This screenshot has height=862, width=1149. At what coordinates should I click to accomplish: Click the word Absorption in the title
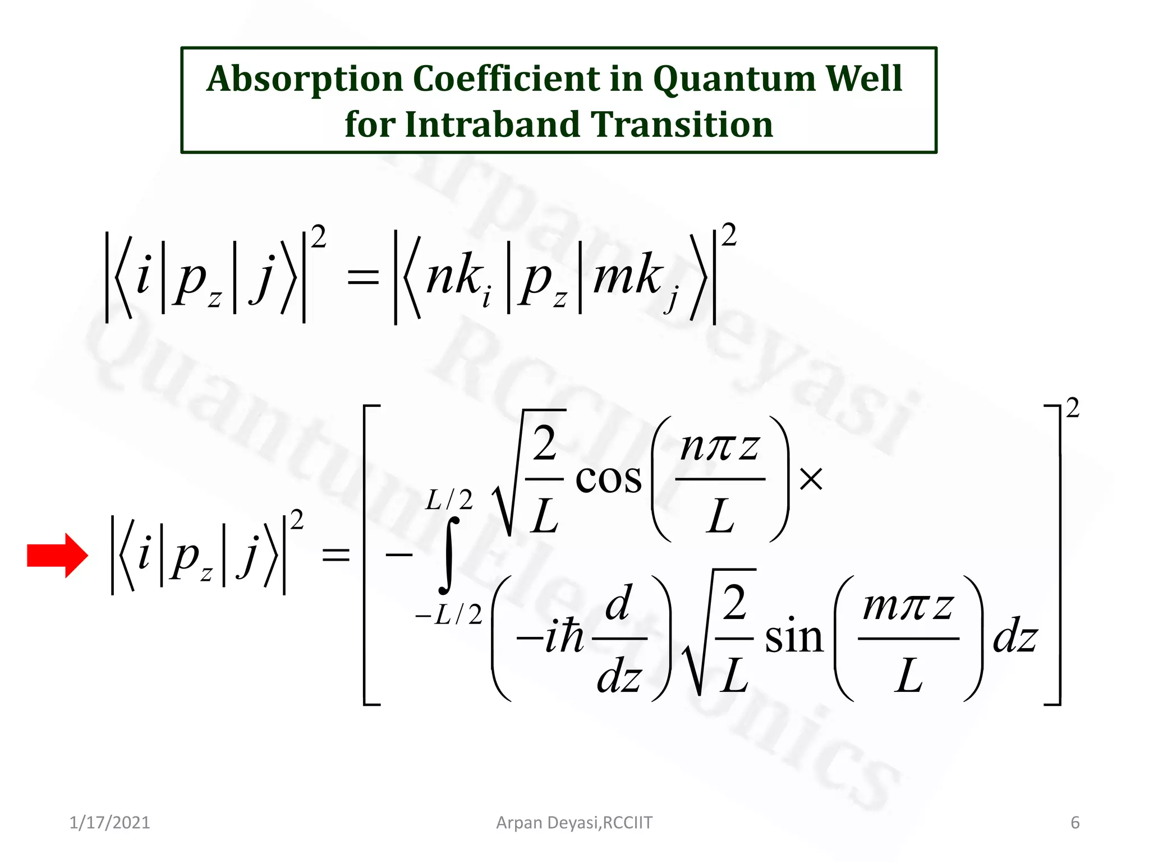tap(305, 79)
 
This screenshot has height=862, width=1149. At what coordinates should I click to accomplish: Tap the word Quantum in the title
tap(734, 79)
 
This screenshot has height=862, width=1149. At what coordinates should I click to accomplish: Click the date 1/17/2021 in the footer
tap(110, 823)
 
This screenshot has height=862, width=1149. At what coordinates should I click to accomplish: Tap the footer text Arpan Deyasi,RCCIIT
tap(574, 823)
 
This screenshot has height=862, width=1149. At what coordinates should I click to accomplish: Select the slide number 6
tap(1075, 823)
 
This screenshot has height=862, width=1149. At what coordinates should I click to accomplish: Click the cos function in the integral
tap(609, 480)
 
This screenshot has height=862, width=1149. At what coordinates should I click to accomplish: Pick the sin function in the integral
tap(794, 638)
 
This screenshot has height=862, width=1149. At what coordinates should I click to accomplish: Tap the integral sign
tap(449, 556)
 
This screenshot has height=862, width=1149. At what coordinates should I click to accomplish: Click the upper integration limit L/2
tap(449, 499)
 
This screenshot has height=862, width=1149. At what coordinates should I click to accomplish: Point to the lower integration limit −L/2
tap(449, 615)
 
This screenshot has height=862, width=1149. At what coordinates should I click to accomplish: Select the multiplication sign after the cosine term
tap(811, 480)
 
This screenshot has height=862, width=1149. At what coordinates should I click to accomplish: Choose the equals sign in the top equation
tap(363, 277)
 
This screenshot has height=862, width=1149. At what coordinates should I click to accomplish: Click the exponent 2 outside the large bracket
tap(1073, 408)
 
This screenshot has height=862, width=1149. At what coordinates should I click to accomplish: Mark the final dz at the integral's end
tap(1015, 639)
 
